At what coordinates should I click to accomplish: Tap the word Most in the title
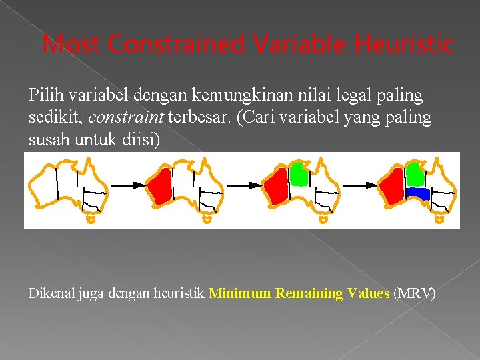pos(73,45)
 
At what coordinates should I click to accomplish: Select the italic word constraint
pos(126,118)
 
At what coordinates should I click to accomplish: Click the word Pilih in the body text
pos(43,96)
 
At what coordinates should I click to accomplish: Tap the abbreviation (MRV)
pos(414,293)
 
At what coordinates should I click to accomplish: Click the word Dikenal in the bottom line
pos(51,293)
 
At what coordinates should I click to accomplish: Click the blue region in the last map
pos(418,193)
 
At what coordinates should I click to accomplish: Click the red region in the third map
pos(275,185)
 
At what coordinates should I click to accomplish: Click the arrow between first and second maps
pos(127,184)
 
